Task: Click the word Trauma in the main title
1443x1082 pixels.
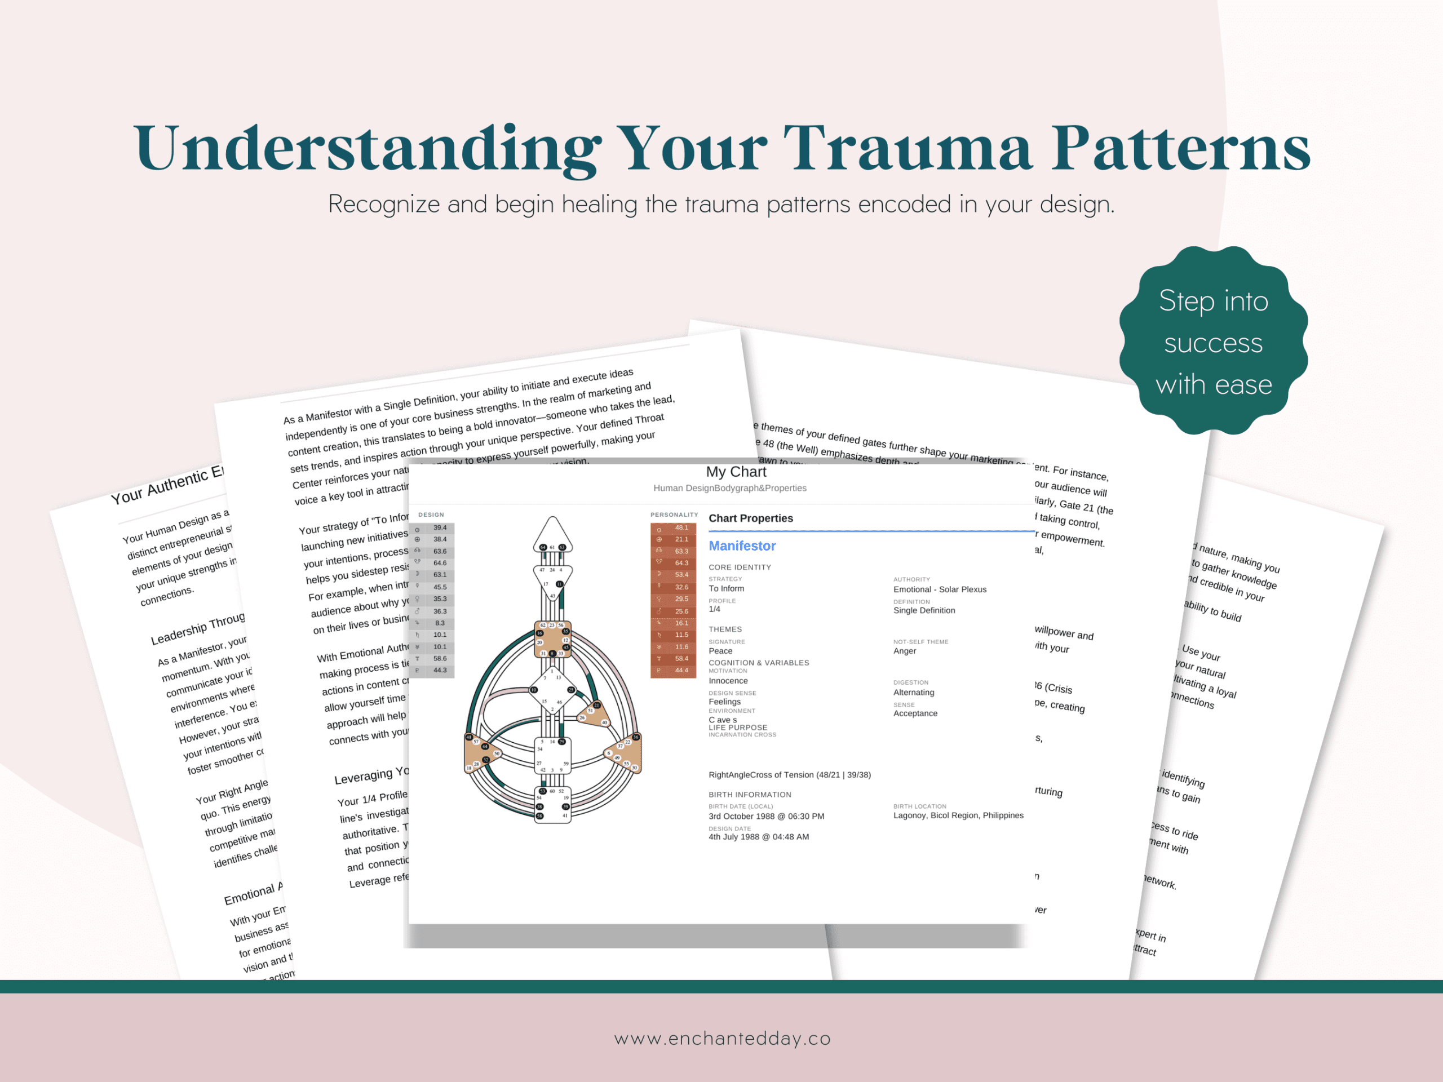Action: pos(908,149)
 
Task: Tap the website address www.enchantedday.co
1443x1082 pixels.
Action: pos(722,1038)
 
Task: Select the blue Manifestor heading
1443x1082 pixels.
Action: pos(742,546)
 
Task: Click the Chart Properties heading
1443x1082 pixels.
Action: pos(750,518)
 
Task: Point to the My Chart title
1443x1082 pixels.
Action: pos(736,472)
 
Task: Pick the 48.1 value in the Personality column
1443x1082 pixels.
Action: pos(681,527)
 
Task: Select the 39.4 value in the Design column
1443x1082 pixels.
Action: pos(440,527)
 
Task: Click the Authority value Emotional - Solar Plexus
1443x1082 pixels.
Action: pos(940,589)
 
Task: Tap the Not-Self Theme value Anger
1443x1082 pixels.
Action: pos(904,651)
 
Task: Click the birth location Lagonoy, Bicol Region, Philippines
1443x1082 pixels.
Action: pos(958,815)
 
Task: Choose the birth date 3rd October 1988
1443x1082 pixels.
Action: pos(766,816)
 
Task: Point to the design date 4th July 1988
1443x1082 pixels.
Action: pos(758,837)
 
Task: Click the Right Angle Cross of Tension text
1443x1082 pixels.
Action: pos(789,775)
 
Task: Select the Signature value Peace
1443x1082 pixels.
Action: pos(720,651)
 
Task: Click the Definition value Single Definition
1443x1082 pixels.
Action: pos(924,610)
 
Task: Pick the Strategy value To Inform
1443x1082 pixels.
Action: pos(726,588)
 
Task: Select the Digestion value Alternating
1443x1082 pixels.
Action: pos(913,692)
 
